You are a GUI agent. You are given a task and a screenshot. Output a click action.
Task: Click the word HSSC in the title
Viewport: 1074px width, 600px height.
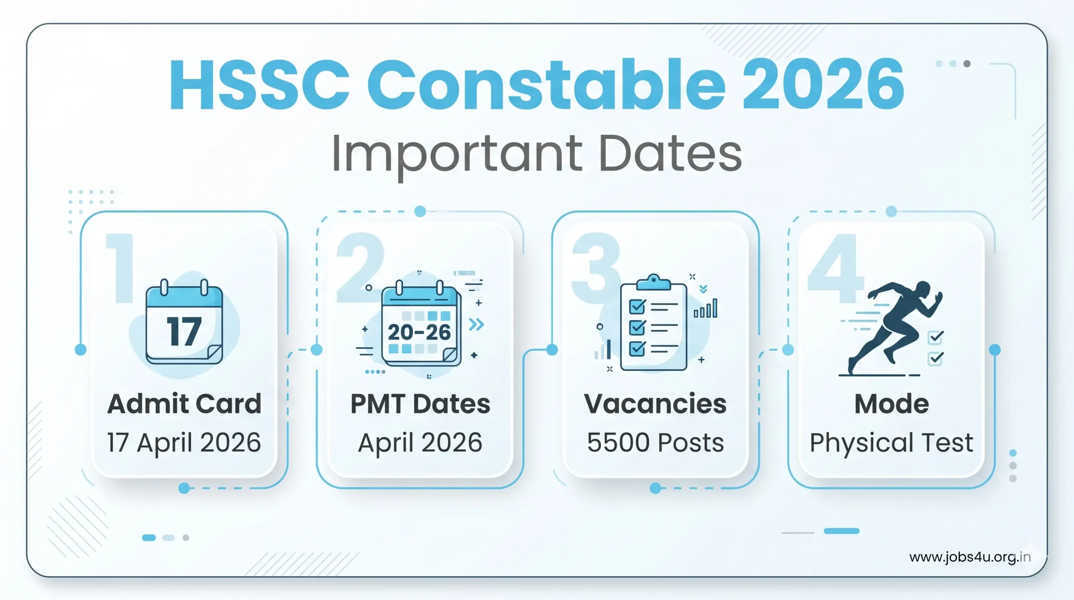(x=259, y=85)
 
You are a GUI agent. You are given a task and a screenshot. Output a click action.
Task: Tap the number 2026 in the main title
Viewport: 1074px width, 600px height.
(x=823, y=85)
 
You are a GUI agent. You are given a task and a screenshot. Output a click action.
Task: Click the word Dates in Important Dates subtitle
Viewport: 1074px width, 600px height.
(x=670, y=154)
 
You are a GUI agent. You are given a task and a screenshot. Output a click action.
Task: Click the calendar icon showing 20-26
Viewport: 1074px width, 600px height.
(x=420, y=325)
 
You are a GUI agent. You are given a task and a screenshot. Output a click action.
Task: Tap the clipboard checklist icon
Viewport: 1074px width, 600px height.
(x=653, y=323)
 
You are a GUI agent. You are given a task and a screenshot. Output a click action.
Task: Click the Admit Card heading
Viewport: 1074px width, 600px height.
(x=184, y=404)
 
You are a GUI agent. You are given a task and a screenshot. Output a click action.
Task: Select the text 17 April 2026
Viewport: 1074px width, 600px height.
(x=184, y=443)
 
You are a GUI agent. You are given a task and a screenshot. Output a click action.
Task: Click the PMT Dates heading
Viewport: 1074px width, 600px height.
(x=420, y=404)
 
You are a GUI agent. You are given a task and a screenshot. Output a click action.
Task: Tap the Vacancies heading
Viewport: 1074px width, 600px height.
(x=655, y=404)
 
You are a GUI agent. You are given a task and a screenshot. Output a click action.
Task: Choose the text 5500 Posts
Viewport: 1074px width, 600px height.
(x=655, y=443)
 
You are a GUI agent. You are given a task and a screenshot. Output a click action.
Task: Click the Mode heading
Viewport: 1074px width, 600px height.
(x=892, y=404)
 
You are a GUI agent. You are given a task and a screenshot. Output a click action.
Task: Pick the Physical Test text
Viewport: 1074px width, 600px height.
(x=892, y=443)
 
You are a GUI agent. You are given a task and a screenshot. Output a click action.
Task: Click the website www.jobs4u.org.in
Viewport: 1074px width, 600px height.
(x=970, y=557)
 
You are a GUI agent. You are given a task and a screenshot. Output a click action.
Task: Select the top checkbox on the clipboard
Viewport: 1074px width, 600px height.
(x=637, y=307)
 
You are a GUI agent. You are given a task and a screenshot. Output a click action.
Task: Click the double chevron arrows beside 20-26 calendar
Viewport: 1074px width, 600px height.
(x=476, y=324)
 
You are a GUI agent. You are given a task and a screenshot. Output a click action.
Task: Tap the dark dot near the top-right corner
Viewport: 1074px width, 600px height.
(x=967, y=64)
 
